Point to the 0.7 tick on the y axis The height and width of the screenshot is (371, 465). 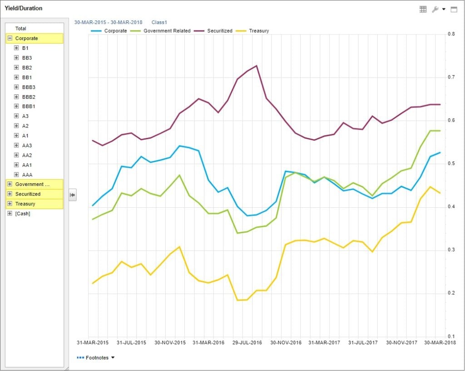[452, 77]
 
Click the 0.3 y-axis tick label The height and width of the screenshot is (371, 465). [452, 250]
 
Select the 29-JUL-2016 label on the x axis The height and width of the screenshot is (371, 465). [247, 343]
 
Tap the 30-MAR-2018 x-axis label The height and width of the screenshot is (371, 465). [440, 343]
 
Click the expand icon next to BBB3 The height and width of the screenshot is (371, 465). [16, 87]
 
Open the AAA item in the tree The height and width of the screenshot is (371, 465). [27, 175]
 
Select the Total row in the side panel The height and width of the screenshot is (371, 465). [21, 29]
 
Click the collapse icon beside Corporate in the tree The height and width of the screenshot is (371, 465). [10, 39]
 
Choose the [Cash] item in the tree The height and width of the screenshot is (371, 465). [23, 214]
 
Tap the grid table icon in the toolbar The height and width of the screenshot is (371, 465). [423, 9]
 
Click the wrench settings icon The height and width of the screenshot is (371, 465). [435, 9]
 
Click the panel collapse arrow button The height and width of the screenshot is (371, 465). [72, 195]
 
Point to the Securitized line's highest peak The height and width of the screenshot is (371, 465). [257, 66]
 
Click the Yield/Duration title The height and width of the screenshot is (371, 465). [24, 8]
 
